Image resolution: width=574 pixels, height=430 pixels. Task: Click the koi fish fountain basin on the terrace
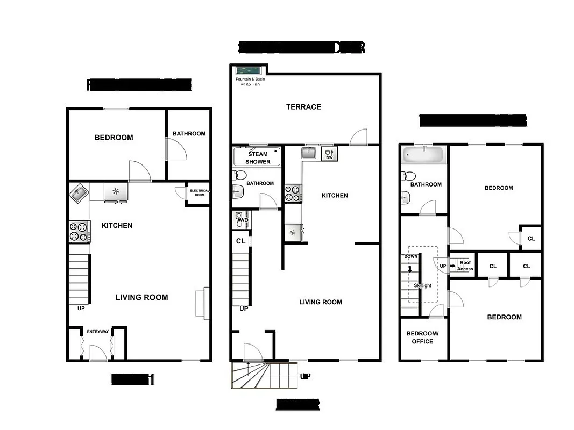coord(249,71)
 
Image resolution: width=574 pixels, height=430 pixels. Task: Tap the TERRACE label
coord(303,107)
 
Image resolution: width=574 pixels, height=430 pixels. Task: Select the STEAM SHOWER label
coord(258,158)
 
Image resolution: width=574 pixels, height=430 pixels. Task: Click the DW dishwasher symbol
coord(329,154)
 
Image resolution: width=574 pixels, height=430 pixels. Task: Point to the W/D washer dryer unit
coord(242,219)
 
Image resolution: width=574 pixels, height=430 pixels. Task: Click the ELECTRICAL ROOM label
coord(199,193)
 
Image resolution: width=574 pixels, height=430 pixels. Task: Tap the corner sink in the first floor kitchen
coord(79,192)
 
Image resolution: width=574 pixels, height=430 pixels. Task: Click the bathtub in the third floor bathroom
coord(424,155)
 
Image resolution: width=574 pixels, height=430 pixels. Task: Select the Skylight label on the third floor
coord(423,285)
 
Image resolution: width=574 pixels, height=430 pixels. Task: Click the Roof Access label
coord(465,266)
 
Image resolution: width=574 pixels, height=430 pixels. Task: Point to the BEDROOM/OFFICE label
coord(422,338)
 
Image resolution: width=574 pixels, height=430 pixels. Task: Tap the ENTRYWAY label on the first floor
coord(98,332)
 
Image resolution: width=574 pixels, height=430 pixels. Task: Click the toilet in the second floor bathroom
coord(240,175)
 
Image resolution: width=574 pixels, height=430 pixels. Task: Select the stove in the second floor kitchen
coord(293,193)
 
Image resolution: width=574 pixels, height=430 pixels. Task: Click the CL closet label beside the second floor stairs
coord(241,241)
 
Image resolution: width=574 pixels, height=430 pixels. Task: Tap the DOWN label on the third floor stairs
coord(410,257)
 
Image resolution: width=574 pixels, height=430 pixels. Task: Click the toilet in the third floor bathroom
coord(409,176)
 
